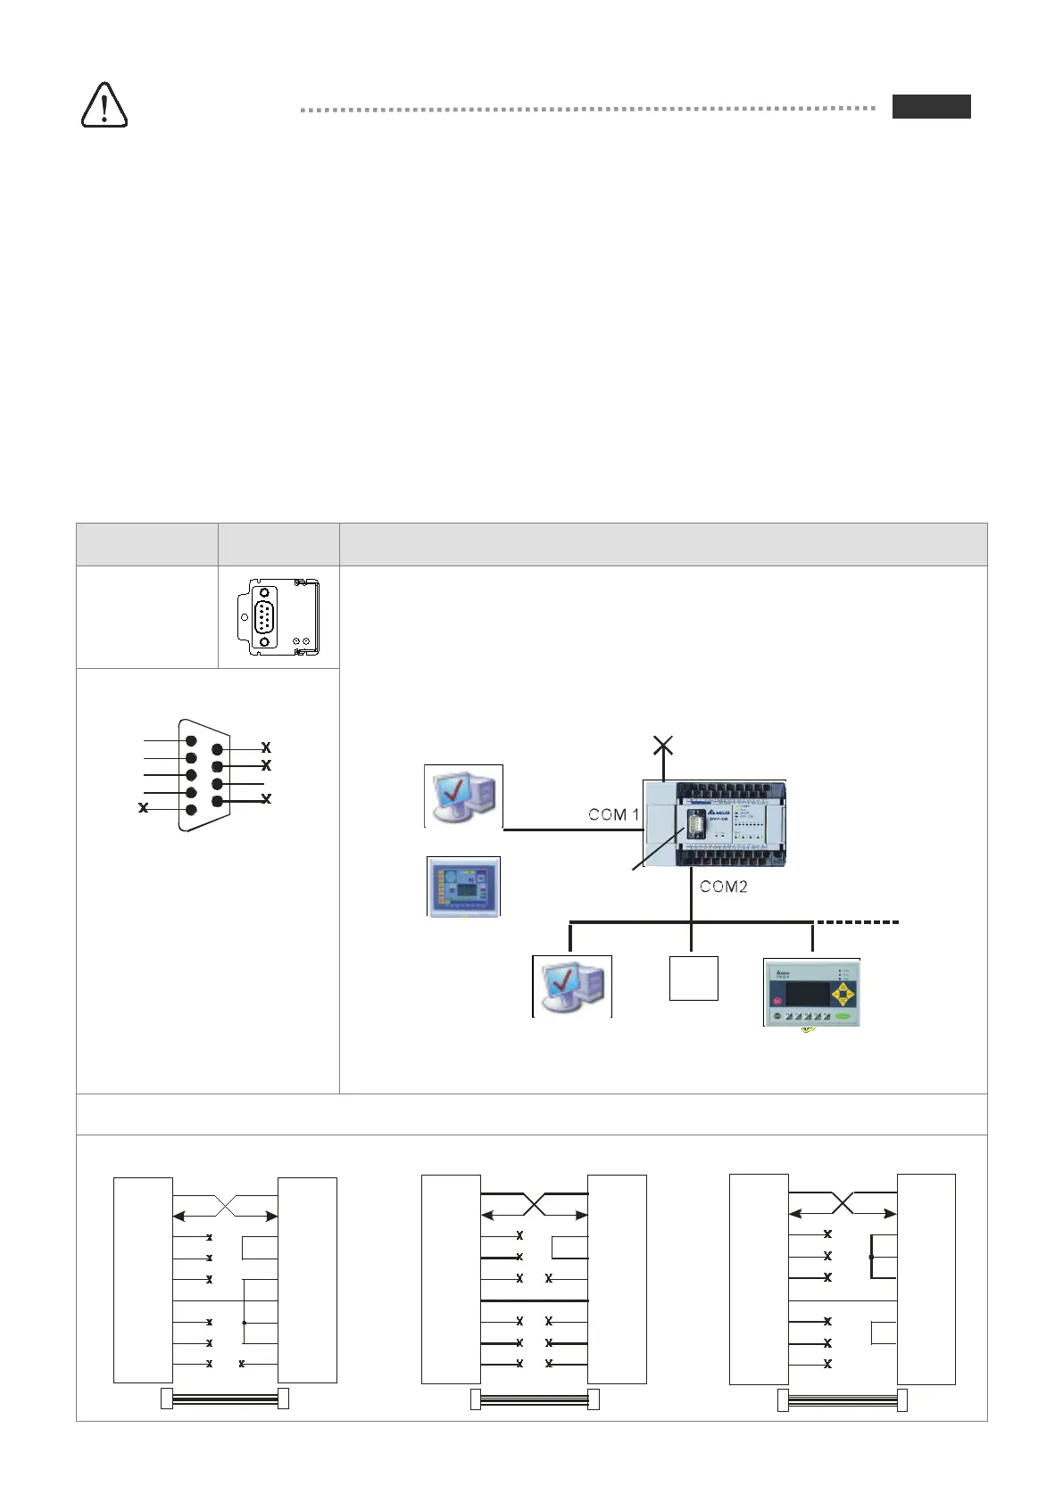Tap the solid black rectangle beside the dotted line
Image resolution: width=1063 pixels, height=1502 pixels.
[x=931, y=106]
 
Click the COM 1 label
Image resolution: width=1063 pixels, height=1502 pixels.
[x=613, y=814]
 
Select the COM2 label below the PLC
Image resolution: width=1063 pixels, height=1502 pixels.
[x=723, y=886]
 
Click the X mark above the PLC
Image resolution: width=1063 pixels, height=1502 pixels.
[x=663, y=745]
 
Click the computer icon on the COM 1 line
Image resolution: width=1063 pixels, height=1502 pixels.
[x=463, y=796]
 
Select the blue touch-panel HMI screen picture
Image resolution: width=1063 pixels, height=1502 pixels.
[x=463, y=887]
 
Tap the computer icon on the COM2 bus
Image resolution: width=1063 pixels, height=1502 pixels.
[x=572, y=986]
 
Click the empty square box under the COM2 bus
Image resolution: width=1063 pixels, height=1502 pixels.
[x=693, y=978]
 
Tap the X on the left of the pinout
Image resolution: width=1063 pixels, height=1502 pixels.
[x=143, y=808]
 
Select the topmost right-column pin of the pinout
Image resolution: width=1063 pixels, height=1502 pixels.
[x=217, y=750]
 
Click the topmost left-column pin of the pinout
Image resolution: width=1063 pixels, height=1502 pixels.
[x=190, y=740]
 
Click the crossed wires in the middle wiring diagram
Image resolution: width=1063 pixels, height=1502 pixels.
[x=534, y=1204]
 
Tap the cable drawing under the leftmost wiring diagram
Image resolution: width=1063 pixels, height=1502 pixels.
[x=224, y=1399]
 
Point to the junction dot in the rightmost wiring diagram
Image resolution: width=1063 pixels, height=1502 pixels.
[x=871, y=1257]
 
